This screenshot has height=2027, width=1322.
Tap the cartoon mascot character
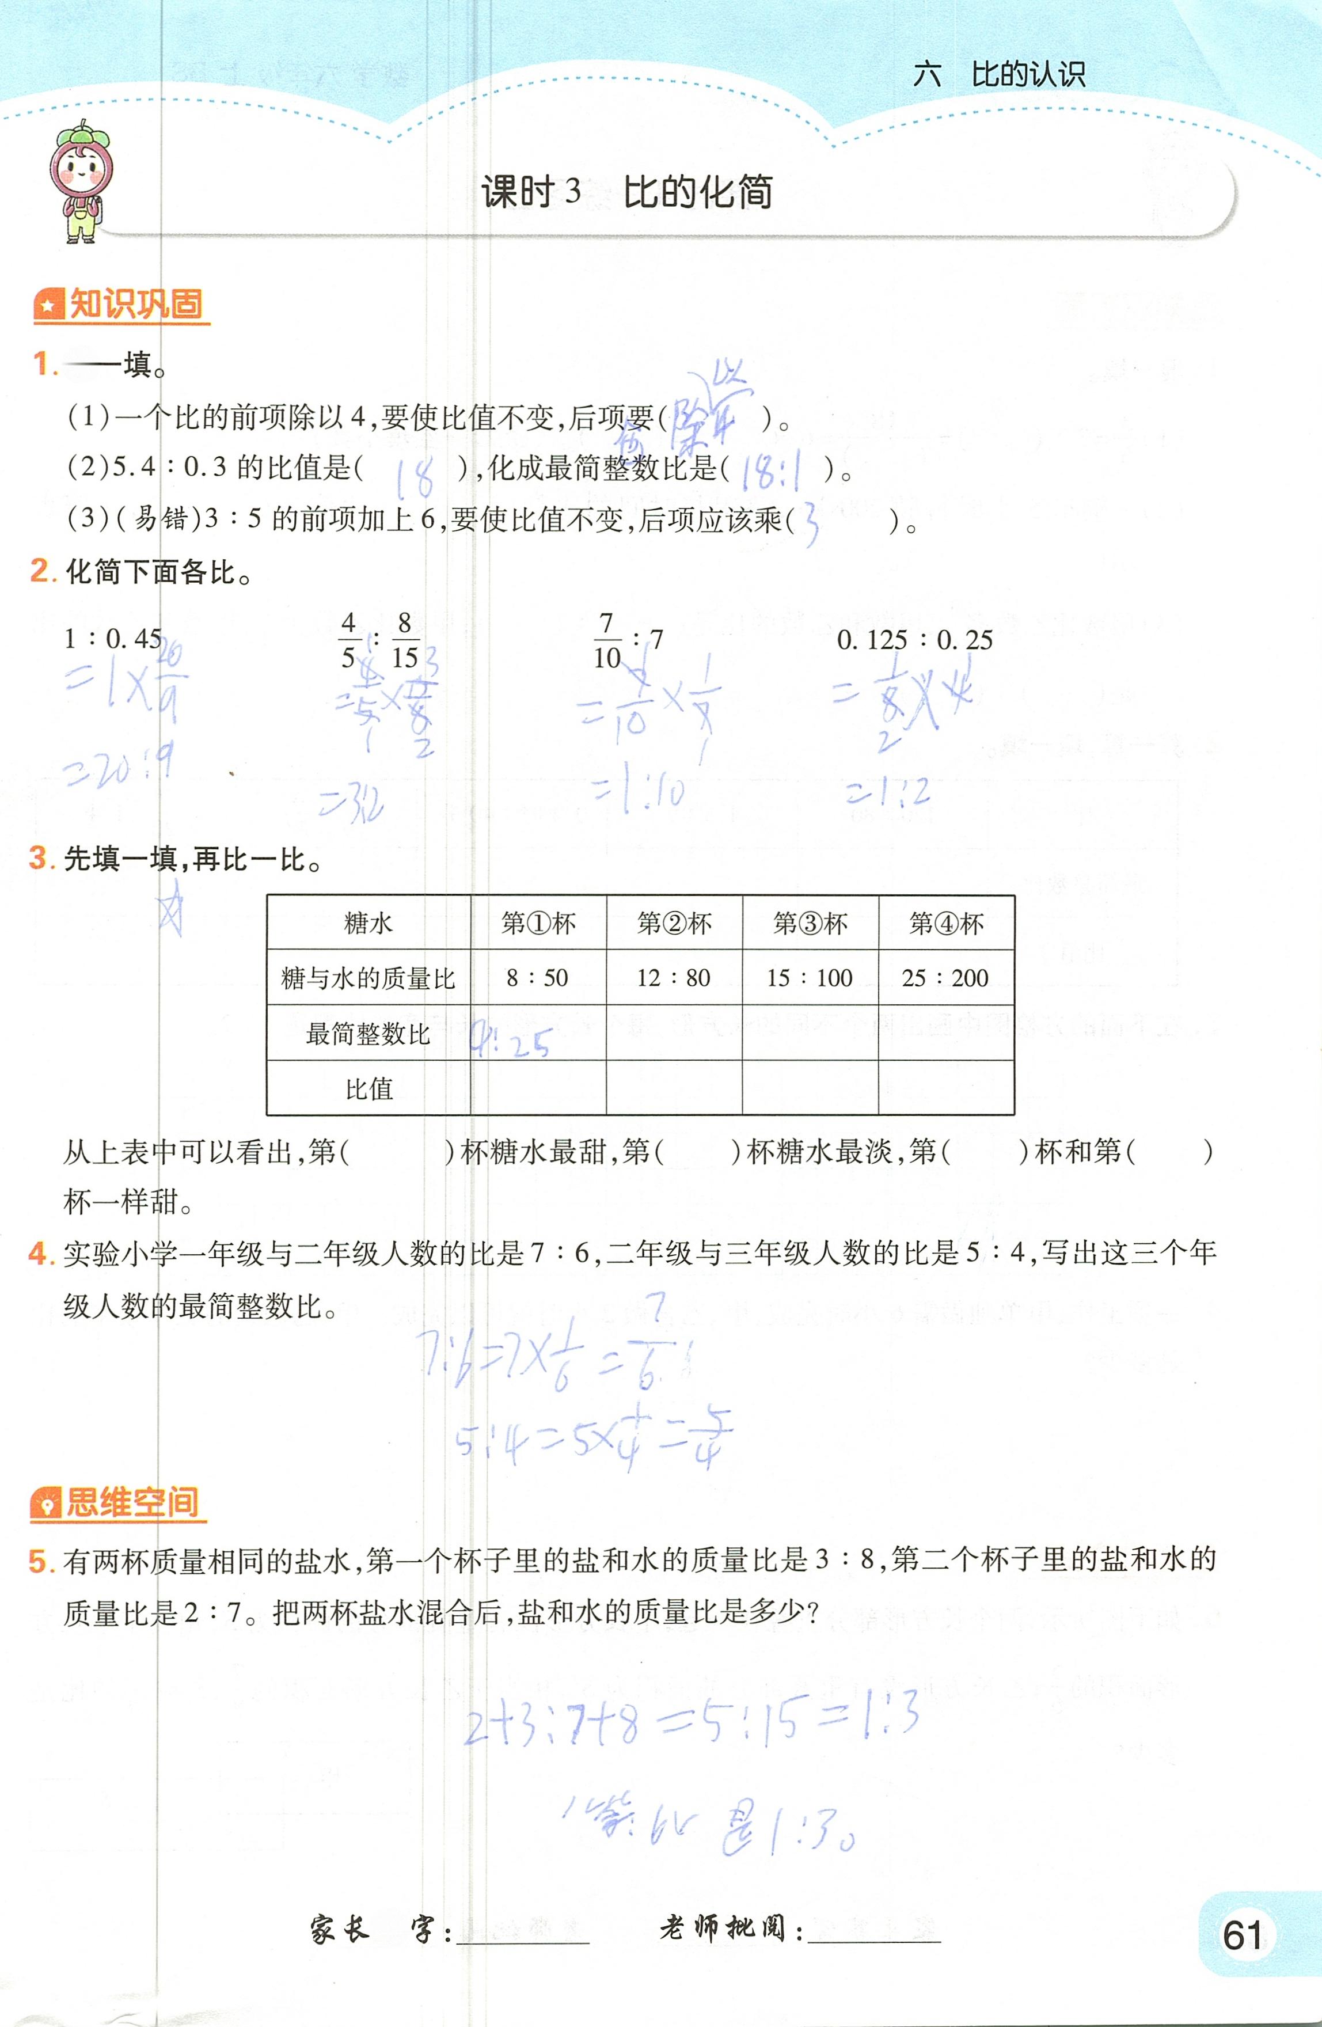(80, 181)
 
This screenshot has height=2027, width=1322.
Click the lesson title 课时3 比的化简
(627, 192)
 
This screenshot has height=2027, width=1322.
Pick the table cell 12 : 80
(674, 978)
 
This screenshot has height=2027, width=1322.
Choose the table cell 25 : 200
(945, 978)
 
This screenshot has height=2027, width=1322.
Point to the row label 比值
(369, 1088)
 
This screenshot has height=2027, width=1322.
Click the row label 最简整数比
(369, 1034)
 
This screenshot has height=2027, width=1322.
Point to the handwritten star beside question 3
(171, 909)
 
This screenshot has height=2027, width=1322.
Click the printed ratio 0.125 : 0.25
(915, 640)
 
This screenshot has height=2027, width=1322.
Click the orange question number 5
(39, 1561)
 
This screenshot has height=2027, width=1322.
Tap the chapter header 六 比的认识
(999, 75)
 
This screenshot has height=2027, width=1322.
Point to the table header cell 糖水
(369, 923)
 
